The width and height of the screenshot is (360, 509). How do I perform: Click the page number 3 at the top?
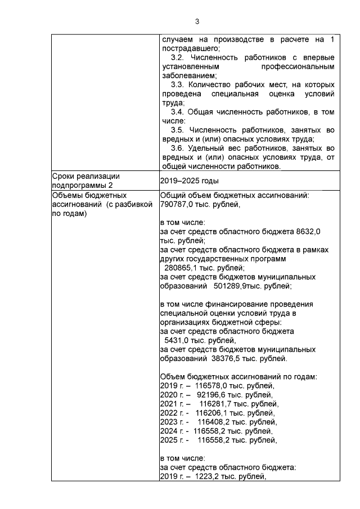(197, 22)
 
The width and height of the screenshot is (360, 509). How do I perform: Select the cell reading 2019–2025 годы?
(190, 181)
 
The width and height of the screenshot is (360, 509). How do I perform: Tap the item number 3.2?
(178, 58)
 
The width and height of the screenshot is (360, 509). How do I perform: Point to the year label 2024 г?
(171, 431)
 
